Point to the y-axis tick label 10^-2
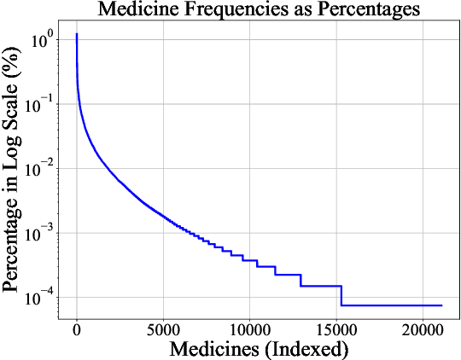click(42, 168)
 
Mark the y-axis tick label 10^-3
click(42, 232)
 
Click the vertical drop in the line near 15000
click(341, 295)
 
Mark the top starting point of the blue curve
click(77, 35)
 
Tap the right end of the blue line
click(441, 305)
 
